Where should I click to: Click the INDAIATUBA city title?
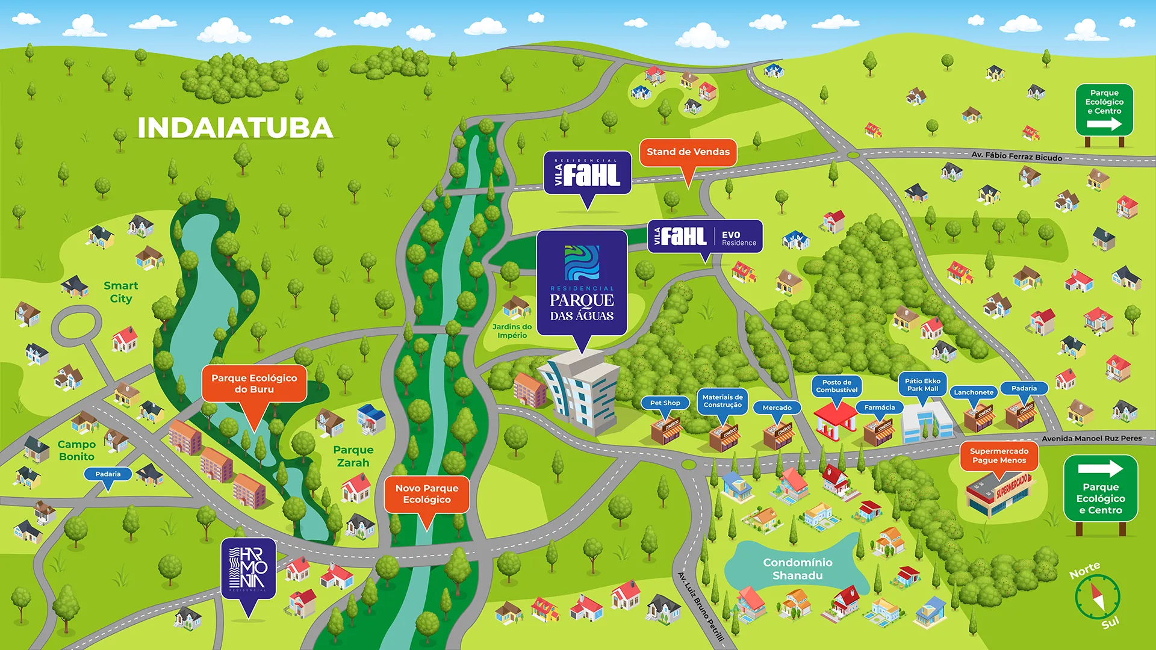pyautogui.click(x=235, y=128)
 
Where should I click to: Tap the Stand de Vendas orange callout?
pyautogui.click(x=688, y=152)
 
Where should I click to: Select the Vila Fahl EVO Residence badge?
pyautogui.click(x=705, y=237)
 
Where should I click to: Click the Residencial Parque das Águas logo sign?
pyautogui.click(x=582, y=283)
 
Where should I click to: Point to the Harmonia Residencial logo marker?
pyautogui.click(x=248, y=569)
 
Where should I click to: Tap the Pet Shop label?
pyautogui.click(x=665, y=403)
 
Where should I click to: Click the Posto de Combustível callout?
pyautogui.click(x=836, y=386)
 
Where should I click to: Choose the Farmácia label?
pyautogui.click(x=879, y=407)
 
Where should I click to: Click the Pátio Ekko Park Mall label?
pyautogui.click(x=922, y=385)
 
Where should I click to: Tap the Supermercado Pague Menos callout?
pyautogui.click(x=999, y=456)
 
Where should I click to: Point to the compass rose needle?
pyautogui.click(x=1098, y=596)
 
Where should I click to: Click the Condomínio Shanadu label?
pyautogui.click(x=797, y=569)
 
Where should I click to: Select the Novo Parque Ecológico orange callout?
pyautogui.click(x=427, y=494)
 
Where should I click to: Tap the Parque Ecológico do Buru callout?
pyautogui.click(x=254, y=383)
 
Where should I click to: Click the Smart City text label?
pyautogui.click(x=120, y=292)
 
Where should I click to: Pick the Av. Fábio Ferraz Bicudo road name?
pyautogui.click(x=1016, y=156)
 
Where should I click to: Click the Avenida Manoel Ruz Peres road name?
pyautogui.click(x=1091, y=438)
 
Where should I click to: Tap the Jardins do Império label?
pyautogui.click(x=512, y=331)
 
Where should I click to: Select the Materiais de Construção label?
pyautogui.click(x=722, y=401)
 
